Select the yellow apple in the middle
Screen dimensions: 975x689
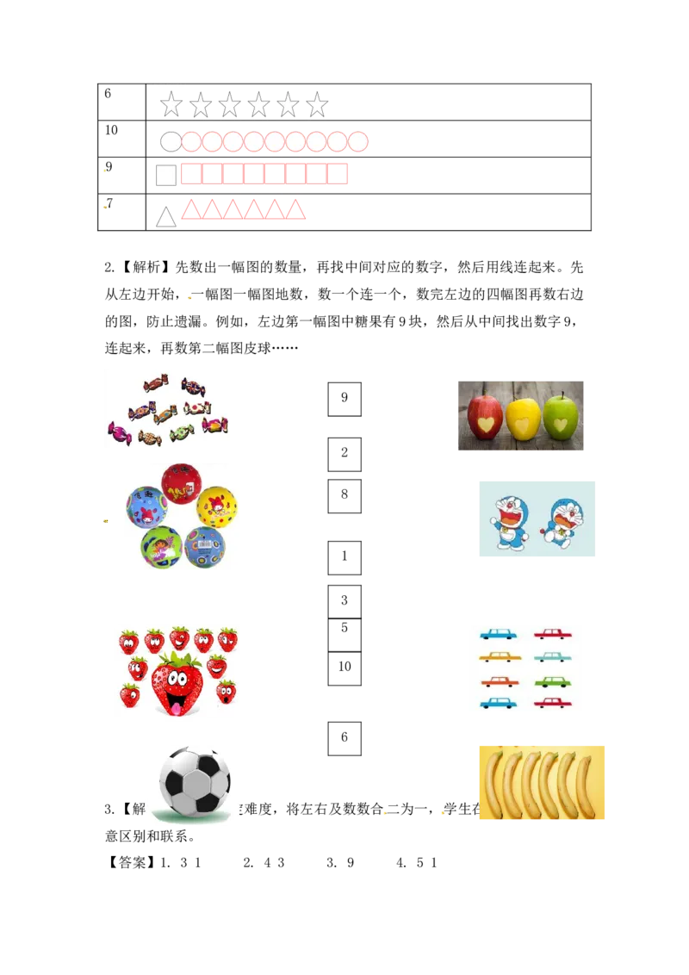tap(524, 419)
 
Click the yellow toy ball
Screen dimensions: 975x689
tap(216, 508)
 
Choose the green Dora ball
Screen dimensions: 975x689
tap(161, 546)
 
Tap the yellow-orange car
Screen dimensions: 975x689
tap(500, 657)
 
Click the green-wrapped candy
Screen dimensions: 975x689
tap(182, 432)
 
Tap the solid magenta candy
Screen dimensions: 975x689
tap(118, 430)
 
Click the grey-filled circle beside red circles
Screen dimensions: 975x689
tap(171, 142)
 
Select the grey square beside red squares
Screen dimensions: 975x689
tap(165, 175)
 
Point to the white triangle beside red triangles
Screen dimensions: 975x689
tap(165, 217)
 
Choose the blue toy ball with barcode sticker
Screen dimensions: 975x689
tap(205, 547)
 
